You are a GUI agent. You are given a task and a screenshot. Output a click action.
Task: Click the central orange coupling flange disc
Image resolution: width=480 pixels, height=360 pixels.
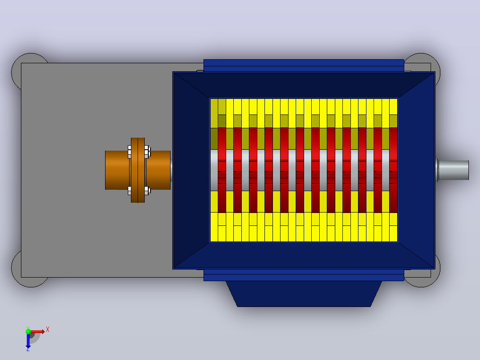[138, 170]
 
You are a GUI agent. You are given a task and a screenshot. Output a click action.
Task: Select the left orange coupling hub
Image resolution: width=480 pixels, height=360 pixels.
[117, 170]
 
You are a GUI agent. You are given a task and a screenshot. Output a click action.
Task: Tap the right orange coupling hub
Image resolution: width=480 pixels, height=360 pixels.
[158, 170]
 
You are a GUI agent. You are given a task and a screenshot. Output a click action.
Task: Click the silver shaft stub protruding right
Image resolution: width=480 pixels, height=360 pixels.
[453, 170]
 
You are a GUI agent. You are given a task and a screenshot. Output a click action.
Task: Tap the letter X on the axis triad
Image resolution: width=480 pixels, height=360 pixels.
[48, 330]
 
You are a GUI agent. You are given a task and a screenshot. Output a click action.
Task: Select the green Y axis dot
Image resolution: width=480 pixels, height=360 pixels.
[28, 331]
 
